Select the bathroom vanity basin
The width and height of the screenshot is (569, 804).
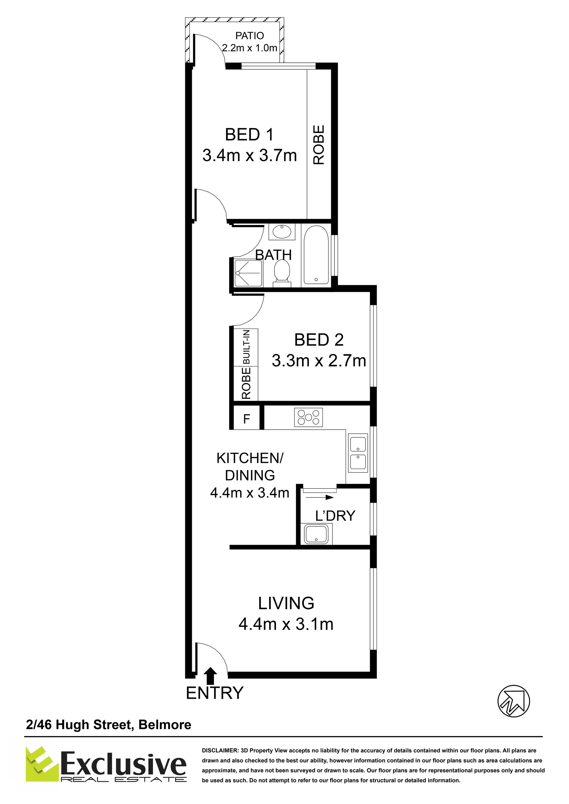pyautogui.click(x=282, y=231)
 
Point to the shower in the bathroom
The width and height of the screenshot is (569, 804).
pyautogui.click(x=248, y=273)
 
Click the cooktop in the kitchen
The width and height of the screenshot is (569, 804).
pyautogui.click(x=308, y=417)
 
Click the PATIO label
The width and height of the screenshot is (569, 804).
pyautogui.click(x=250, y=36)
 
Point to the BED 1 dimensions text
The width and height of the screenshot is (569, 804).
pyautogui.click(x=250, y=155)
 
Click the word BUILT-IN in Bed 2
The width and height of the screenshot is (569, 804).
pyautogui.click(x=247, y=347)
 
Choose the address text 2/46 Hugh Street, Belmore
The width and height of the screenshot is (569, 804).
pyautogui.click(x=109, y=724)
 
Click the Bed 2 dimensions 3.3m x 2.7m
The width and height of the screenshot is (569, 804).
pyautogui.click(x=319, y=361)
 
